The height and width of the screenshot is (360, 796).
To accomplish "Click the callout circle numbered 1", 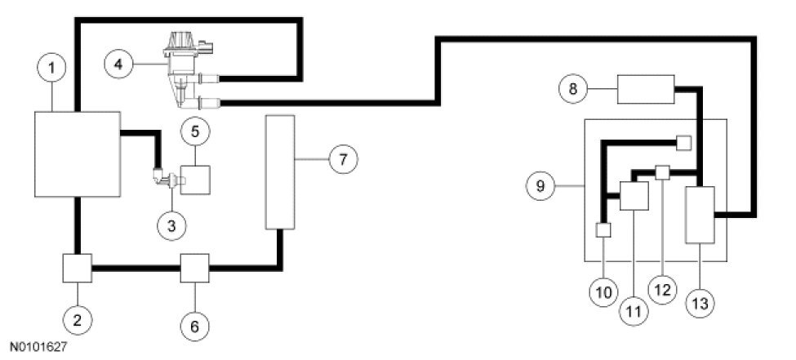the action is click(x=53, y=68).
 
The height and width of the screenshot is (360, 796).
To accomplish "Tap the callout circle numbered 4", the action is click(x=120, y=63).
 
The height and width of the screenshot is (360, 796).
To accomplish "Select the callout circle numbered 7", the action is click(x=343, y=160).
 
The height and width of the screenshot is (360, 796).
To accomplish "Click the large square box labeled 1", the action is click(x=77, y=153).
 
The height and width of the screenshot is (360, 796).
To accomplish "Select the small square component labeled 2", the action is click(x=77, y=267).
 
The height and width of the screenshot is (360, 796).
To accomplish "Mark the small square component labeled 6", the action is click(x=194, y=267).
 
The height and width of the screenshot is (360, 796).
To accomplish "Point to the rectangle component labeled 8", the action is click(x=645, y=89).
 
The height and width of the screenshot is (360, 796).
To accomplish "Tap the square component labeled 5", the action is click(x=194, y=179).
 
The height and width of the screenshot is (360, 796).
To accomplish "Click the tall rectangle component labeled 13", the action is click(x=700, y=214).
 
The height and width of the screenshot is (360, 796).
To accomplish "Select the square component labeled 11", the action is click(x=634, y=197).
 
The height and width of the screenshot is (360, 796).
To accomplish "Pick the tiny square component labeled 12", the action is click(x=663, y=173).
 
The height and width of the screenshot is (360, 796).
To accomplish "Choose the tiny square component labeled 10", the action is click(x=603, y=230).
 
